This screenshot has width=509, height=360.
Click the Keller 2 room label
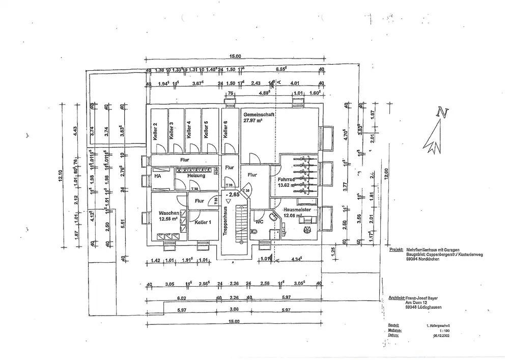click(155, 131)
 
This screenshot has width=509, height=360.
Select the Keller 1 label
click(203, 223)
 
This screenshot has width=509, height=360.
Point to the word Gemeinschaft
click(259, 115)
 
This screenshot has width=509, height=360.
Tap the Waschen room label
click(168, 213)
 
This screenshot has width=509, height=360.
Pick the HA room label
click(158, 176)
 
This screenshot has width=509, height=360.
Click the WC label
click(259, 221)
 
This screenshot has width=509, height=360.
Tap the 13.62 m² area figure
click(287, 186)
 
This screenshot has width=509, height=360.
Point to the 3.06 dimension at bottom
click(234, 310)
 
